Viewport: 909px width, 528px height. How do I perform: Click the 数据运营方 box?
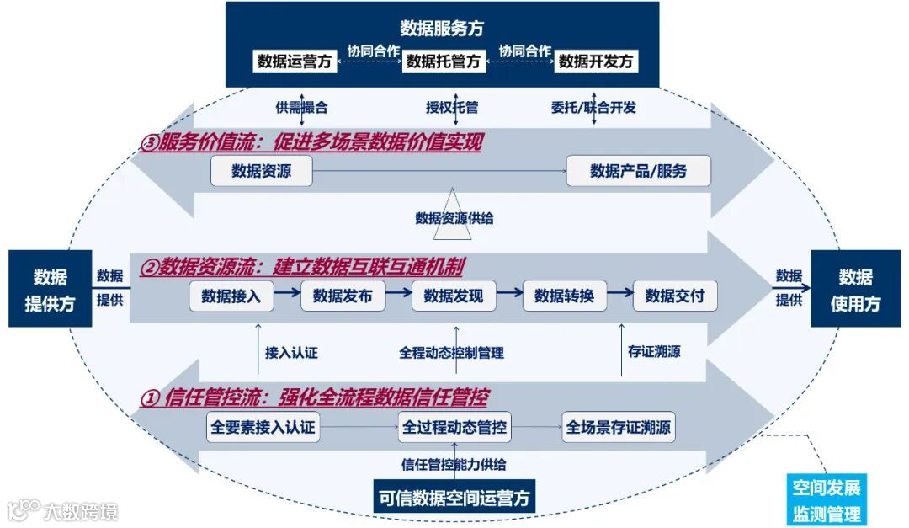click(295, 61)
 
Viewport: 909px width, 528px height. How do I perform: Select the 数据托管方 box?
click(444, 61)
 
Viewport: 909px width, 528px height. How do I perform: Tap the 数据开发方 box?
click(596, 61)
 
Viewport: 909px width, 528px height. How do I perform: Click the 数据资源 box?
click(262, 171)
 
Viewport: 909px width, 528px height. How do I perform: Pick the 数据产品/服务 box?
click(639, 171)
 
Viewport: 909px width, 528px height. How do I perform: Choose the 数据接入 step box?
click(231, 296)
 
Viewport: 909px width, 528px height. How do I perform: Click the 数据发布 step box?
click(343, 296)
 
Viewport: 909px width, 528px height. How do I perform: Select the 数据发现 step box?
click(454, 296)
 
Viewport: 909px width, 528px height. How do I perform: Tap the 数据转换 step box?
click(565, 296)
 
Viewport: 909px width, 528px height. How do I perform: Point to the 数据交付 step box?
click(675, 296)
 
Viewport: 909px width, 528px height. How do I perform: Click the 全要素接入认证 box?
click(263, 428)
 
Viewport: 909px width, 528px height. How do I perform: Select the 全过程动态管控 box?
click(454, 428)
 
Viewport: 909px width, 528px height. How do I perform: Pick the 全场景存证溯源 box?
click(619, 428)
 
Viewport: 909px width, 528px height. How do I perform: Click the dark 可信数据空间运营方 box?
click(454, 497)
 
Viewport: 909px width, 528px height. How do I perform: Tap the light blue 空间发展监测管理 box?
click(827, 500)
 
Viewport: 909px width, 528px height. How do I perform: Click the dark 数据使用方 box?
click(855, 289)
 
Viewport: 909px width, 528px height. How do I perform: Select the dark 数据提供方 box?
click(50, 289)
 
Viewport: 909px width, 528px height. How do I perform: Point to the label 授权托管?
click(452, 108)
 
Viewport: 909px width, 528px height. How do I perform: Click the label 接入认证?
click(291, 353)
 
